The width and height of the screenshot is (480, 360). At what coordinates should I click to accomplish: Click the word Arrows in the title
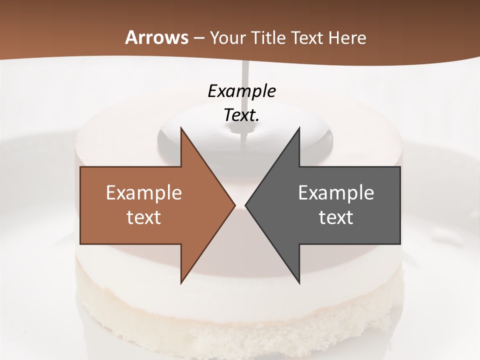pos(156,37)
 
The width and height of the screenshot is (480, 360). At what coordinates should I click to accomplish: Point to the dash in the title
pos(198,38)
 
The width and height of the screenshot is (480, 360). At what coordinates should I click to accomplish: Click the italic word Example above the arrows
pos(241,91)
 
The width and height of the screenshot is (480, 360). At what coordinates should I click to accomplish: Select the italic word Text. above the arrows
pos(241,115)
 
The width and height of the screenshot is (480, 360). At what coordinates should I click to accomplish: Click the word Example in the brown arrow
pos(144,192)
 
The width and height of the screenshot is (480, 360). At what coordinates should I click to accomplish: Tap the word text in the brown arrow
pos(144,217)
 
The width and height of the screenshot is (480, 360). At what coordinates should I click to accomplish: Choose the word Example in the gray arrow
pos(336,192)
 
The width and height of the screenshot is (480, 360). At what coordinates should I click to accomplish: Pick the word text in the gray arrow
pos(336,217)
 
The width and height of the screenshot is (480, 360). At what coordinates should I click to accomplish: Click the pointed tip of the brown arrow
pos(234,205)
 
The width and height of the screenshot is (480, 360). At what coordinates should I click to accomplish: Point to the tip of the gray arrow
pos(246,205)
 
